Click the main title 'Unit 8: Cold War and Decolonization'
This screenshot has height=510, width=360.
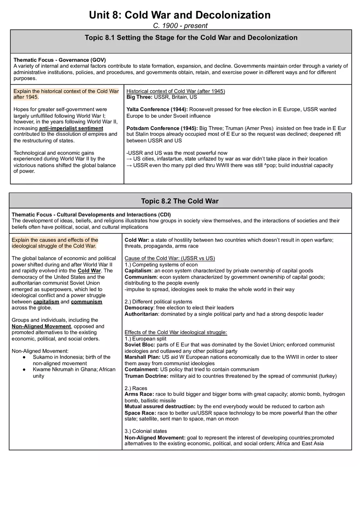click(x=180, y=15)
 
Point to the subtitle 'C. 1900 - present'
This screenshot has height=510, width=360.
click(x=180, y=26)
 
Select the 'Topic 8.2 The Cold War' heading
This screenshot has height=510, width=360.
click(x=180, y=201)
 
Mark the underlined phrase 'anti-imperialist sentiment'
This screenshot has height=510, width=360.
click(x=71, y=128)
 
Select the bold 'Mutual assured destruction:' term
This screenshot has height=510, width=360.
click(x=160, y=407)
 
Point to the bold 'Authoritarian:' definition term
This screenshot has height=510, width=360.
click(x=142, y=314)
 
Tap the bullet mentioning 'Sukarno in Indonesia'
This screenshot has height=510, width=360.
click(x=72, y=357)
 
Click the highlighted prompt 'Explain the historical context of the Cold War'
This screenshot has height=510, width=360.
click(x=66, y=91)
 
